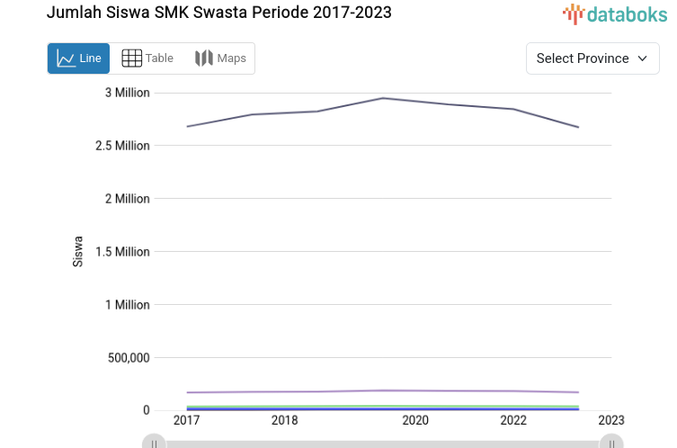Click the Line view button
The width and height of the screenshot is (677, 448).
pyautogui.click(x=78, y=58)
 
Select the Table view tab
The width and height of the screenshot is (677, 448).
pyautogui.click(x=147, y=58)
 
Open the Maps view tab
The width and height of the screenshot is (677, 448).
pyautogui.click(x=220, y=58)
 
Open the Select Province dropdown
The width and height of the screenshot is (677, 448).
pyautogui.click(x=592, y=58)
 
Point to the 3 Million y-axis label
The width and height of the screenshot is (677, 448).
pyautogui.click(x=127, y=93)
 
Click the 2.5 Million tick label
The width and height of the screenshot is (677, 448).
pyautogui.click(x=122, y=146)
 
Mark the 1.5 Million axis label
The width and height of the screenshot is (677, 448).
pyautogui.click(x=122, y=252)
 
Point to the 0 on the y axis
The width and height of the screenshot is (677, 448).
pyautogui.click(x=146, y=410)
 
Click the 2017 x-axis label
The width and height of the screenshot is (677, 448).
pyautogui.click(x=186, y=420)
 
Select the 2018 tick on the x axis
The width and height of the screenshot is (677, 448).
pyautogui.click(x=284, y=420)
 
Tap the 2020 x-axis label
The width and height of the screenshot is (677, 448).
pyautogui.click(x=415, y=420)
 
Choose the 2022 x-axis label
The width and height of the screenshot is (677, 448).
pyautogui.click(x=513, y=420)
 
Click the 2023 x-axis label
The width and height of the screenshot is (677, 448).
pyautogui.click(x=611, y=420)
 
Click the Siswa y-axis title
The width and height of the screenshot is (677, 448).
pyautogui.click(x=78, y=252)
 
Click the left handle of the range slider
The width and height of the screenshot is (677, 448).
pyautogui.click(x=155, y=443)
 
